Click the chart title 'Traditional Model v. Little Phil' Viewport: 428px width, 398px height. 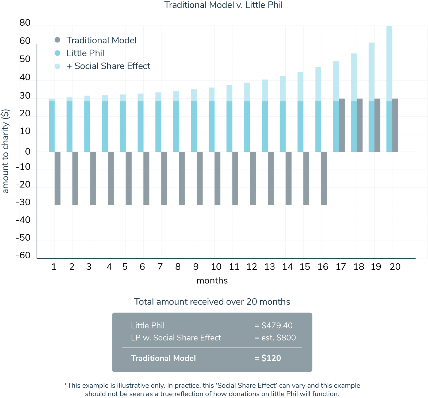(x=223, y=5)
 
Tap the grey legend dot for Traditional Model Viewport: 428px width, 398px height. (x=57, y=40)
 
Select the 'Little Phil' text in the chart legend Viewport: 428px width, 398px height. (x=85, y=53)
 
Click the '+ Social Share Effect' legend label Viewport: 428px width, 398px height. (x=108, y=66)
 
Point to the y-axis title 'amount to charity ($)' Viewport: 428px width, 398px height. (x=6, y=151)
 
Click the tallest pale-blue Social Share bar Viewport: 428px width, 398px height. (x=389, y=63)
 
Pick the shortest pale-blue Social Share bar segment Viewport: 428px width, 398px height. (x=52, y=100)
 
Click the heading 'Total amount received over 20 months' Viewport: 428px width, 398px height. (x=212, y=302)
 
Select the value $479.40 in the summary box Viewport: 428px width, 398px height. (x=277, y=326)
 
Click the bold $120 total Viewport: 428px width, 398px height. (x=271, y=358)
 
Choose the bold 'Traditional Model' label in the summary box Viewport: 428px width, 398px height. (x=163, y=358)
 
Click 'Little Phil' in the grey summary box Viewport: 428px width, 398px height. (x=148, y=326)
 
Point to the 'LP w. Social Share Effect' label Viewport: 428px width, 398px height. (x=176, y=338)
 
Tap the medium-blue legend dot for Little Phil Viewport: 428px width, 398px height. (x=57, y=53)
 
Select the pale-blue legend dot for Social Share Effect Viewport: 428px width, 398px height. (x=57, y=66)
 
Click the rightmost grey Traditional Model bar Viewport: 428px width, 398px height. (x=395, y=125)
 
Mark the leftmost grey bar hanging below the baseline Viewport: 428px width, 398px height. (x=58, y=178)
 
